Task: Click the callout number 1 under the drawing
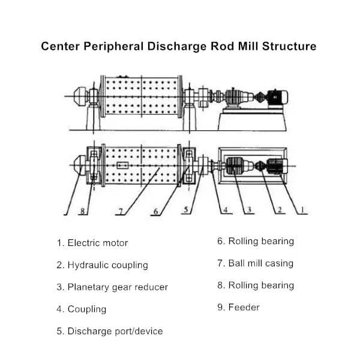(302, 210)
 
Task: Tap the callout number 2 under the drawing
(279, 210)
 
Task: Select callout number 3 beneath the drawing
(250, 210)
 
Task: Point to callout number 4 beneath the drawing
(226, 210)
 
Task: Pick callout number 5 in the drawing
(186, 210)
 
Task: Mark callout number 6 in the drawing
(156, 211)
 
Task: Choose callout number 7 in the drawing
(121, 211)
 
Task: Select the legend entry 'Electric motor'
(92, 243)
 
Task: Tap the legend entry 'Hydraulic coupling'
(102, 265)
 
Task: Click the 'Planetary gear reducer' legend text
(112, 287)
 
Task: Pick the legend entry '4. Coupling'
(82, 309)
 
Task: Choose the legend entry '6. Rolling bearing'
(256, 241)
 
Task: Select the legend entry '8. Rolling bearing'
(256, 285)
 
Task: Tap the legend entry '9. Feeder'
(238, 307)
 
